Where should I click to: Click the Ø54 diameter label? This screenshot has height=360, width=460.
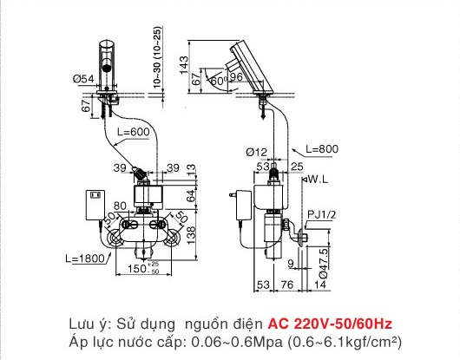pyautogui.click(x=83, y=79)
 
